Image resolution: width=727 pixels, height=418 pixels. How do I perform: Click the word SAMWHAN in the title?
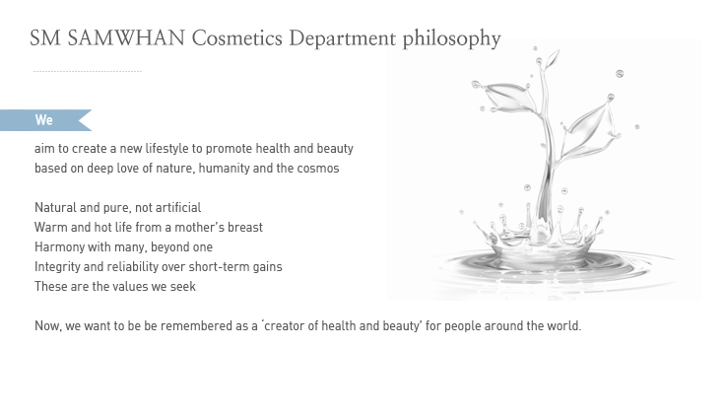tap(126, 37)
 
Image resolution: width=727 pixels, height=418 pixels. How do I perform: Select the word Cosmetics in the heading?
tap(237, 37)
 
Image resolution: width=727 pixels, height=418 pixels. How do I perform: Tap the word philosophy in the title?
tap(451, 39)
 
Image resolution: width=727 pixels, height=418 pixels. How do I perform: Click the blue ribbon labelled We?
tap(45, 120)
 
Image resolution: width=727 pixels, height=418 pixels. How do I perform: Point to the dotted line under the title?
tap(88, 71)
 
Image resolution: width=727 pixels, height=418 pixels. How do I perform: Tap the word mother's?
tap(199, 227)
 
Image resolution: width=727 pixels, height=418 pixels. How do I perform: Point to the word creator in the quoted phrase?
tap(285, 325)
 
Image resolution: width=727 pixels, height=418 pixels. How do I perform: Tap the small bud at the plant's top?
tap(553, 58)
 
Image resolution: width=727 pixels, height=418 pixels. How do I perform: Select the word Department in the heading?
tap(343, 38)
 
